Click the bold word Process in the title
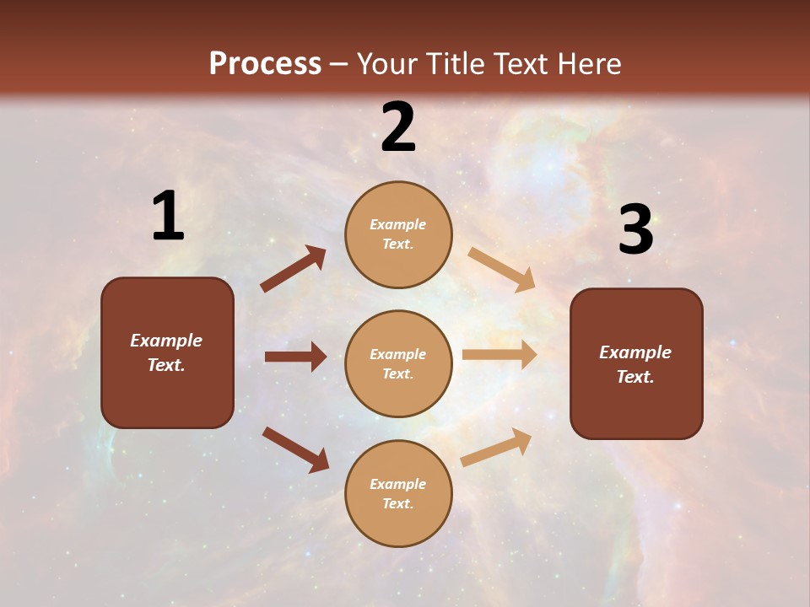tap(265, 63)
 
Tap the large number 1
tap(168, 217)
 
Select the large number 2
tap(398, 127)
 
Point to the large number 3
tap(635, 230)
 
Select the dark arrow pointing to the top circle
tap(294, 269)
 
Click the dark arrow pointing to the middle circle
tap(295, 357)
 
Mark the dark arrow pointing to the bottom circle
tap(295, 449)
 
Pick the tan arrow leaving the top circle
tap(501, 270)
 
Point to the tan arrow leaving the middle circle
tap(499, 355)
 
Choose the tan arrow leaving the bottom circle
tap(496, 447)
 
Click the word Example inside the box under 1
tap(166, 341)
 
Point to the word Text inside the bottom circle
tap(397, 503)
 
